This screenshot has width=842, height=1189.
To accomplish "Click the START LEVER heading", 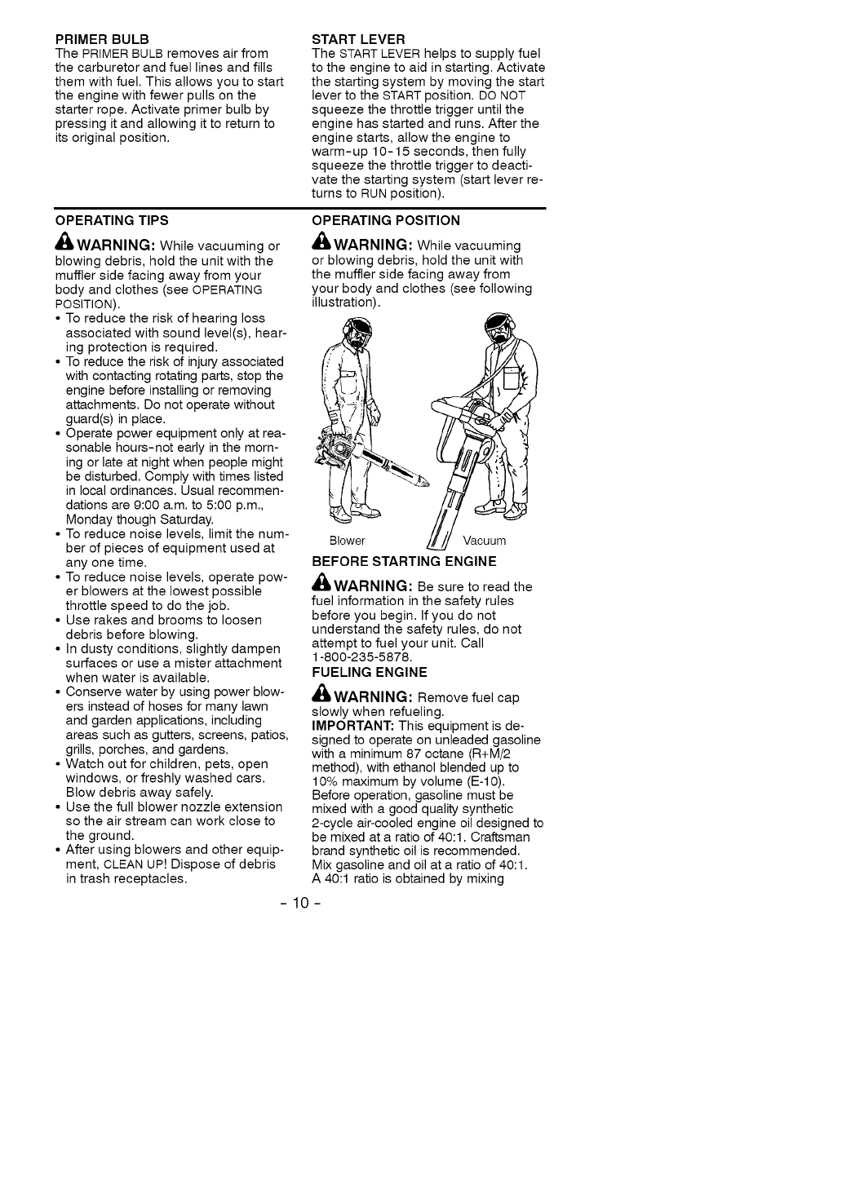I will pos(358,39).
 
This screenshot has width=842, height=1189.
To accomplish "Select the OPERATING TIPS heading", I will pos(112,220).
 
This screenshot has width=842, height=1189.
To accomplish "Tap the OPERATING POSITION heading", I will pos(386,220).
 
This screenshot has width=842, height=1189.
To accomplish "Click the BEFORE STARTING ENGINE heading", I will pos(404,561).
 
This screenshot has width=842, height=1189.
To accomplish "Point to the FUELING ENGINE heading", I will pos(369,672).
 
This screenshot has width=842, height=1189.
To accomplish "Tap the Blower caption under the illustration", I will pos(347,541).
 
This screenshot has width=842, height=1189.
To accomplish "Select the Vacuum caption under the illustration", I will pos(485,541).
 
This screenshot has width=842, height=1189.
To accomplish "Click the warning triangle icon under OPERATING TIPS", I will pos(64,245).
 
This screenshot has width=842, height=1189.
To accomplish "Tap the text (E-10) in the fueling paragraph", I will pos(486,781).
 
